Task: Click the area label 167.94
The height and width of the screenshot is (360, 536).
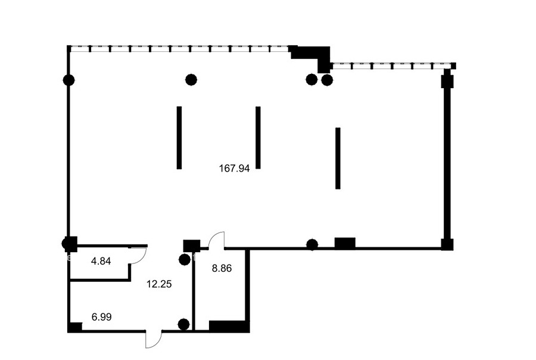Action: [x=234, y=168]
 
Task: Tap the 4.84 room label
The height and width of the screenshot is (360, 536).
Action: [x=101, y=261]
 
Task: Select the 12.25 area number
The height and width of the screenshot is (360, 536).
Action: [x=159, y=284]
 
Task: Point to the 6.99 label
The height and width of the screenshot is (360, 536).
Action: [x=101, y=317]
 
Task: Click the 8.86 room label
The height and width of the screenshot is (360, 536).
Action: [x=222, y=268]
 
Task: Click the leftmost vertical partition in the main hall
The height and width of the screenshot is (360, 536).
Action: [x=179, y=138]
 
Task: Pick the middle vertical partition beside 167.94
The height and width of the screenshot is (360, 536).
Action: [x=258, y=138]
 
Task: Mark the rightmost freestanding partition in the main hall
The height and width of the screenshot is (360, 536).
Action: [x=338, y=158]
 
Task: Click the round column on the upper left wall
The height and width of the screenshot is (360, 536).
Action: [x=68, y=80]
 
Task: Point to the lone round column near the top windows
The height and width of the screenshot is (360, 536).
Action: [x=191, y=80]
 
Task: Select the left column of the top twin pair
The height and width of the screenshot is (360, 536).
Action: [x=311, y=80]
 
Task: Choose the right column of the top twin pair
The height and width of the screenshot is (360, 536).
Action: [x=327, y=80]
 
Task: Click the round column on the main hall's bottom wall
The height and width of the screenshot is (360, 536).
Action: [x=312, y=244]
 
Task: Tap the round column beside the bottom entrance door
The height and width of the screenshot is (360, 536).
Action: [x=184, y=324]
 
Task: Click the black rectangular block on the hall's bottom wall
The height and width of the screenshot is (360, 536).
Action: [x=345, y=243]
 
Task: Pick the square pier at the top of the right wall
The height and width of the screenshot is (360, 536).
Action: [x=447, y=82]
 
